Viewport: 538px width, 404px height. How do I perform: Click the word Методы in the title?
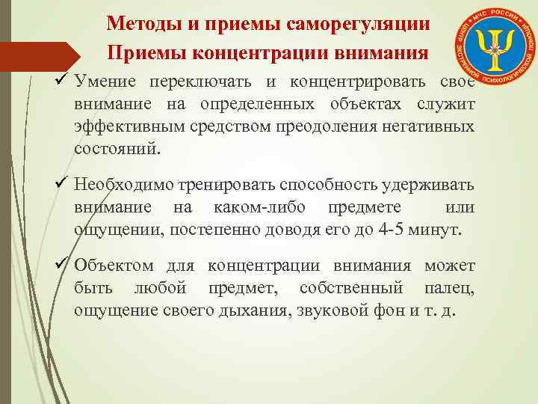138,23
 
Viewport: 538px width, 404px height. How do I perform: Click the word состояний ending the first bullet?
117,147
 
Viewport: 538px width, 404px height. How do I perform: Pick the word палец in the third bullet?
451,288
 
